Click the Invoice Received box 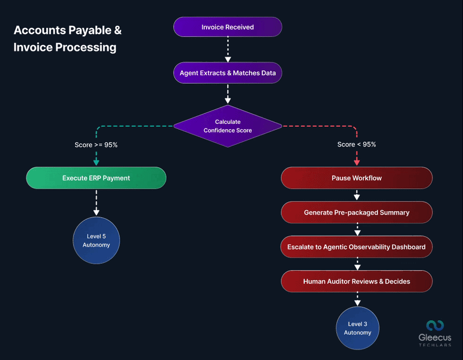(x=227, y=27)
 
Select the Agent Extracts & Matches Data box (x=227, y=74)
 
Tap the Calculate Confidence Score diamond (x=227, y=126)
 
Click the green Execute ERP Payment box (x=96, y=178)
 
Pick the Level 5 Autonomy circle (x=96, y=240)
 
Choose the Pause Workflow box (x=357, y=178)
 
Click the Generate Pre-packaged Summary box (x=357, y=212)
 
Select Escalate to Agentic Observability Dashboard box (x=357, y=247)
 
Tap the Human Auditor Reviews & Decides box (x=357, y=281)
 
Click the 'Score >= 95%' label (x=96, y=145)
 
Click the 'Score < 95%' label (x=357, y=145)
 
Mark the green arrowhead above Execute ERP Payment (x=96, y=162)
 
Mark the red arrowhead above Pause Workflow (x=357, y=162)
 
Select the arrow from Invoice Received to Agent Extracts (x=227, y=49)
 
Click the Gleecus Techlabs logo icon (x=435, y=326)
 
